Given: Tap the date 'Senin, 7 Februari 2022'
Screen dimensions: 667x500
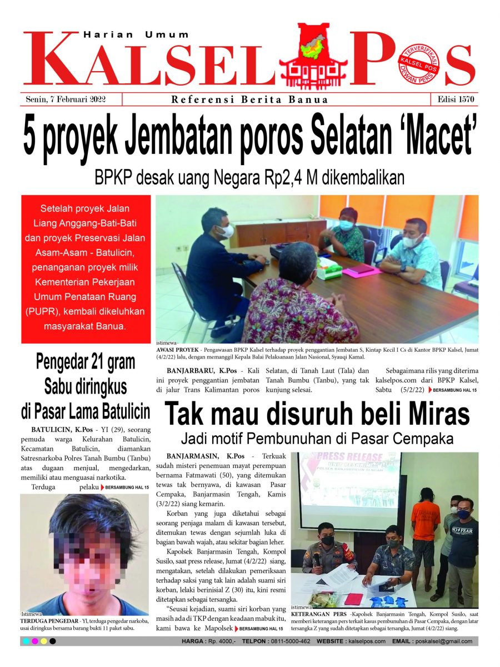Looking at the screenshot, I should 66,99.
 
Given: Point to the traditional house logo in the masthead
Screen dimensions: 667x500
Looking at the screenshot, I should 320,55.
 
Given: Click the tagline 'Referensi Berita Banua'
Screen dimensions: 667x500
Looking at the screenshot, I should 249,100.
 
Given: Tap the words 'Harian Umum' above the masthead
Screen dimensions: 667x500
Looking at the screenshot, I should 136,34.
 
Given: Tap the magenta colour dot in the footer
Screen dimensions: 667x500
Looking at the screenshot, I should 35,641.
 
